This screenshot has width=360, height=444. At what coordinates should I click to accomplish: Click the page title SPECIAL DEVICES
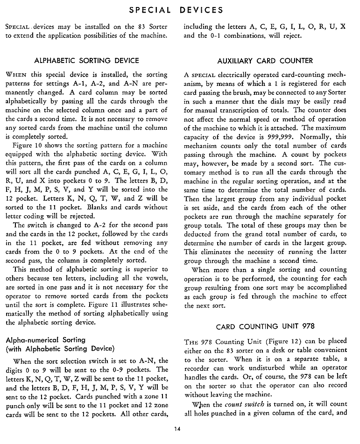click(180, 10)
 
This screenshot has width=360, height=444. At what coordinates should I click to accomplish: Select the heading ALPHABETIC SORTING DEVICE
click(87, 61)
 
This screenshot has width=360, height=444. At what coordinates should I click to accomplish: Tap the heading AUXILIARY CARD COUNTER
click(265, 61)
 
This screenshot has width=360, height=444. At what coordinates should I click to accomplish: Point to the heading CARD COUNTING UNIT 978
click(265, 326)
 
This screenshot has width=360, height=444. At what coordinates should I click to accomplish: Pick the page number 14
click(180, 428)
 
